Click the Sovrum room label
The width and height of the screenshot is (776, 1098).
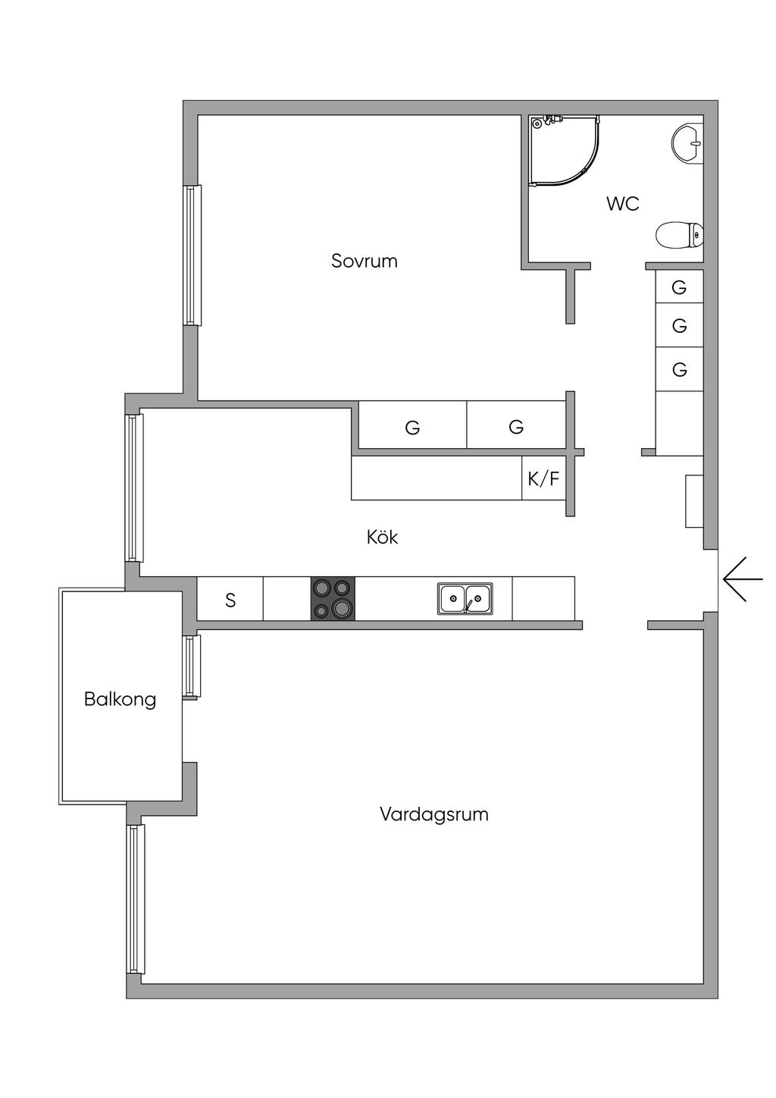364,261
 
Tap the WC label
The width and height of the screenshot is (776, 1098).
623,203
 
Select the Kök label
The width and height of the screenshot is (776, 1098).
382,537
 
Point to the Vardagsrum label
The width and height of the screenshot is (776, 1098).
434,814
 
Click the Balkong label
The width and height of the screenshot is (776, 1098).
120,699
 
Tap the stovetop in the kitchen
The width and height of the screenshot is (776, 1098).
333,598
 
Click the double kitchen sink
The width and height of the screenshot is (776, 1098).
465,598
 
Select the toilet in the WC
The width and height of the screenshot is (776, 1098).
679,235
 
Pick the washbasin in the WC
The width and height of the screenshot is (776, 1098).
687,143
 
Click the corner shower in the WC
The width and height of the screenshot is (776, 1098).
565,150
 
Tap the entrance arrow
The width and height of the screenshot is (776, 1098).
743,579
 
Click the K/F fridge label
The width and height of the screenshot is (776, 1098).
543,478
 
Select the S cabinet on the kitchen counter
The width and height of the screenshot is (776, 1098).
230,598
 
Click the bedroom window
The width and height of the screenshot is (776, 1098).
192,255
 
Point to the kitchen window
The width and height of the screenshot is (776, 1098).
134,488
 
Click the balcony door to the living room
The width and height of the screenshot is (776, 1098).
192,667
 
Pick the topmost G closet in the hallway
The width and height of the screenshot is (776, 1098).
679,287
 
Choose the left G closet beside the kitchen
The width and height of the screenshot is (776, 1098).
412,425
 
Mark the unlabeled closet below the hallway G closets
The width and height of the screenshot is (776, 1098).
680,424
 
